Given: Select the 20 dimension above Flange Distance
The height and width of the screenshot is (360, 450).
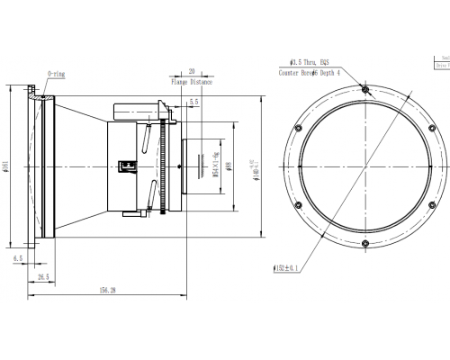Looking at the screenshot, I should pyautogui.click(x=192, y=70).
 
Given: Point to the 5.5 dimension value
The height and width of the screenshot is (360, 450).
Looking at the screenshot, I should pyautogui.click(x=193, y=103).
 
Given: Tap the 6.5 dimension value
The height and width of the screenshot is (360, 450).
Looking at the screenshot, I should pyautogui.click(x=17, y=257).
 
